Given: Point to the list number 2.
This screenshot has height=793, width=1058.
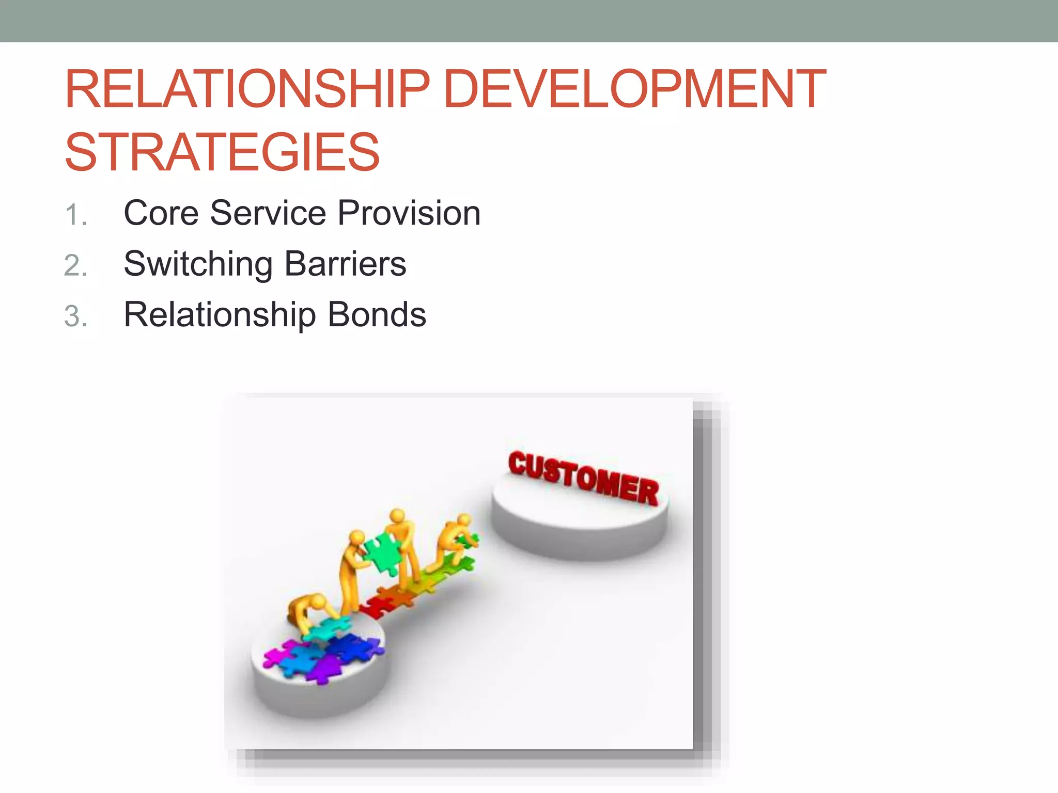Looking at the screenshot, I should (x=75, y=266).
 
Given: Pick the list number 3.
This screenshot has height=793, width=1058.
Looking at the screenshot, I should (x=75, y=316).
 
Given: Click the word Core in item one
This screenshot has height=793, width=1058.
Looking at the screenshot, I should (x=161, y=213).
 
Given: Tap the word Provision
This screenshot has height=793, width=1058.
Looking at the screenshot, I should (x=409, y=213).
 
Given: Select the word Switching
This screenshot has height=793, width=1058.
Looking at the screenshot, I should (x=198, y=264).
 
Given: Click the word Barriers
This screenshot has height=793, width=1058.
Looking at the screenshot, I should (x=345, y=263).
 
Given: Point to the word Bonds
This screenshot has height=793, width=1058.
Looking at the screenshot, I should (x=377, y=314).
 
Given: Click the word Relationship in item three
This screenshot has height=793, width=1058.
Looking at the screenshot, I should (x=220, y=315).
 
